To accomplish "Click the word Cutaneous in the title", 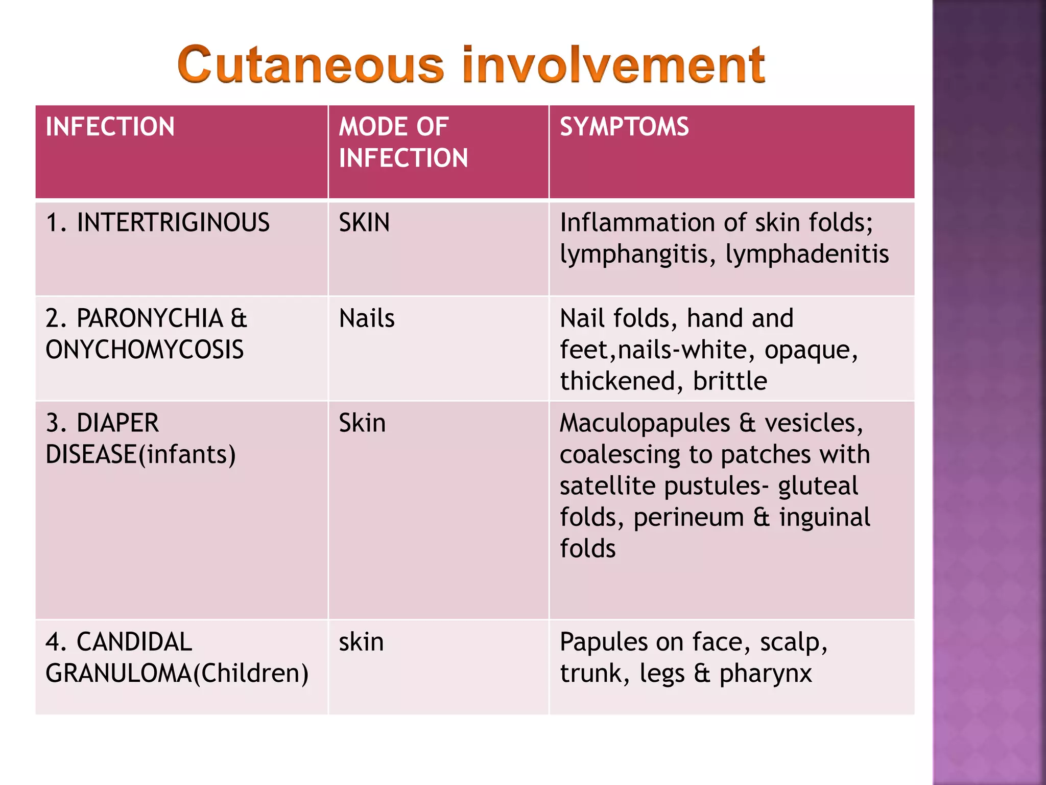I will (x=311, y=65).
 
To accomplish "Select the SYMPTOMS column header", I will (x=624, y=127).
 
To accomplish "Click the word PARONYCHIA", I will (x=150, y=318).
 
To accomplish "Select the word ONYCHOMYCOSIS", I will (x=145, y=350).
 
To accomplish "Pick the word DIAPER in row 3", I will (x=117, y=423).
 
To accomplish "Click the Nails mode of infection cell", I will (x=367, y=318).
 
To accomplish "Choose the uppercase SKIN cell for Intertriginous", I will (x=364, y=223).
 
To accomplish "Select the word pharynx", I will (x=765, y=673).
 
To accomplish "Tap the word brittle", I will (x=730, y=381).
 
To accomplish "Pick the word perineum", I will (x=688, y=517).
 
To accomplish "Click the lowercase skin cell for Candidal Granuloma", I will (x=361, y=642).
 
